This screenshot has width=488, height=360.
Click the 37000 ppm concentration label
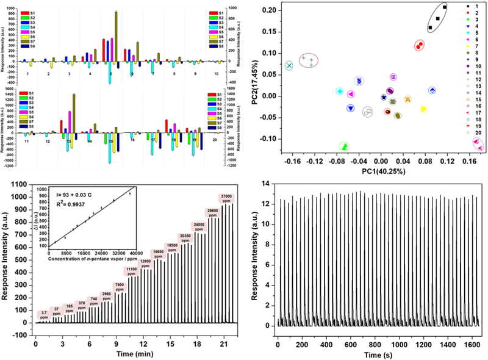click(x=225, y=198)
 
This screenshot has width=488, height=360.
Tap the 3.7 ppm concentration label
click(x=44, y=315)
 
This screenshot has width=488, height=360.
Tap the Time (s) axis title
click(x=378, y=355)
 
